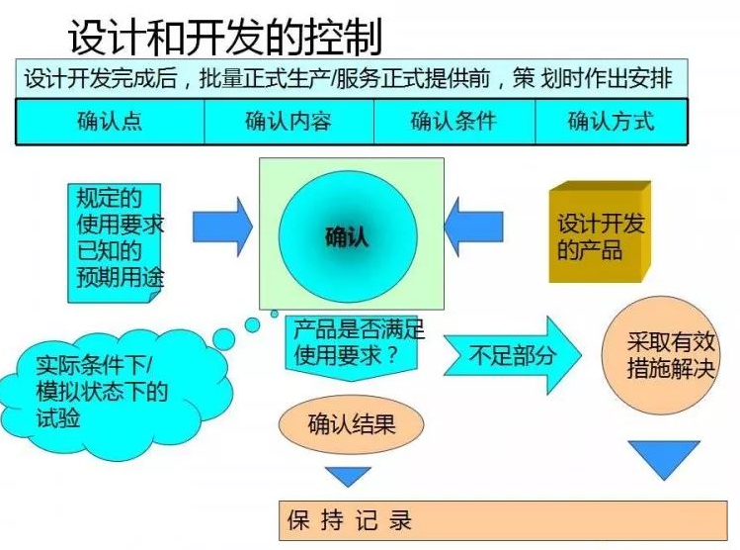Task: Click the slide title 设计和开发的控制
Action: point(224,38)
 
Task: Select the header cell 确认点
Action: point(110,122)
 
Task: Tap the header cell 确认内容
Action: point(288,122)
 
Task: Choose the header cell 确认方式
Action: point(611,122)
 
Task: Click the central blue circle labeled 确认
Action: point(346,235)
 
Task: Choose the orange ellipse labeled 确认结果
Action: point(351,425)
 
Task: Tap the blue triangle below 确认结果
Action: point(348,476)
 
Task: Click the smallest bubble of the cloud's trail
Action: point(276,314)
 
